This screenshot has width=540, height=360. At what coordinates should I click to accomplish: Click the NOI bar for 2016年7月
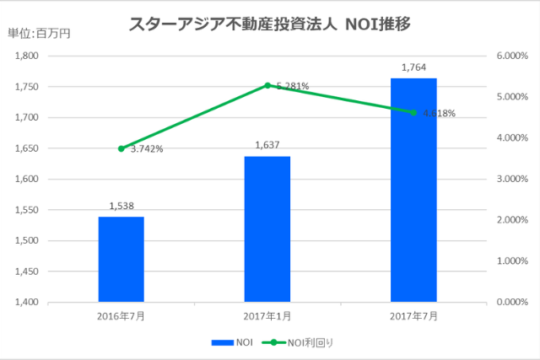121,259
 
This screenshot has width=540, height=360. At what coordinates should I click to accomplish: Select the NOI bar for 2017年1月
267,228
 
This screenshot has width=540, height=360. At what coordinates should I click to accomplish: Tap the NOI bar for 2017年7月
413,190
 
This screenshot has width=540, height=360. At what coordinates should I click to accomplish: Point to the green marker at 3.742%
121,148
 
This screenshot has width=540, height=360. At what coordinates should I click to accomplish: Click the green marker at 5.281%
267,85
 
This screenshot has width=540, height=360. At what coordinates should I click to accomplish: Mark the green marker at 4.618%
413,112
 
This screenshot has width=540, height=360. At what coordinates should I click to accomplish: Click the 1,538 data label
121,206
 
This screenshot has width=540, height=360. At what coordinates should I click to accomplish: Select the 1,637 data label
267,145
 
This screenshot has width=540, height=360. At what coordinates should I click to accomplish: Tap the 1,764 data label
413,67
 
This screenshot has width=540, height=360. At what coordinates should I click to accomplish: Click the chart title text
270,24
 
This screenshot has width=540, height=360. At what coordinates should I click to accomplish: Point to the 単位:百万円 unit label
40,35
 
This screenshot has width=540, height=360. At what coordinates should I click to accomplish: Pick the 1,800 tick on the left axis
29,56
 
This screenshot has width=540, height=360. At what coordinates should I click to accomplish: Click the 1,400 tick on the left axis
29,302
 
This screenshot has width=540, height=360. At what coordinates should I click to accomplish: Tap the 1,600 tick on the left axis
29,180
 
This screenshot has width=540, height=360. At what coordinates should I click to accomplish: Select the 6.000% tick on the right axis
511,56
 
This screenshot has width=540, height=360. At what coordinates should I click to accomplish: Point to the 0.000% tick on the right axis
511,302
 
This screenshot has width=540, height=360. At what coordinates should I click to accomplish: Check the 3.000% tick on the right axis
511,180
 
